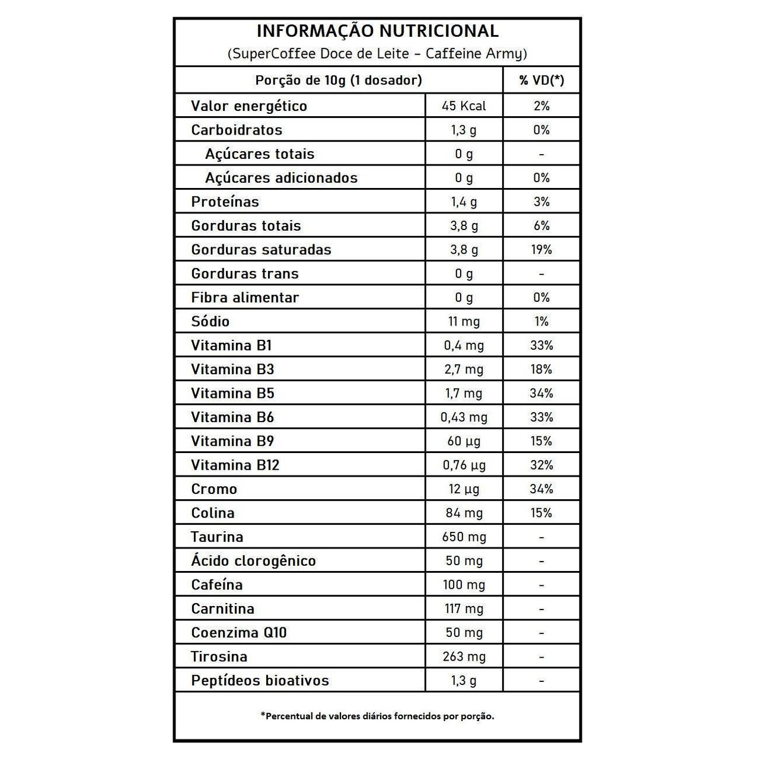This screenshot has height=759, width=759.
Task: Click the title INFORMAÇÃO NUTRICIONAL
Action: (377, 31)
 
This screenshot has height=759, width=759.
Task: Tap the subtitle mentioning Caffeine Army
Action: (377, 54)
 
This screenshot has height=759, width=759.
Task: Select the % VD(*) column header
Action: (541, 80)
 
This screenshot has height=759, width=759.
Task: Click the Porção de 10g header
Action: (339, 80)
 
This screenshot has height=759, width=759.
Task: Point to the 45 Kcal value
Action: (464, 106)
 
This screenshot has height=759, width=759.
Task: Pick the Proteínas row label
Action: (225, 202)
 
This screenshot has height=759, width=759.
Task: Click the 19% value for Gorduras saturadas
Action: (541, 250)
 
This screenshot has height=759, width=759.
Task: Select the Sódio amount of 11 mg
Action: (464, 321)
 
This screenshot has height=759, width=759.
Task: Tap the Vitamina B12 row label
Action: (235, 465)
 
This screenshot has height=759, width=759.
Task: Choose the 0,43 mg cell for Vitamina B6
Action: (464, 417)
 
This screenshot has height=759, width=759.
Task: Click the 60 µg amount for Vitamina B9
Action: (464, 441)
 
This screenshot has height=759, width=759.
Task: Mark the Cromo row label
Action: (214, 489)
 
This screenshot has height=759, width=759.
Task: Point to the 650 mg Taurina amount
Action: (464, 537)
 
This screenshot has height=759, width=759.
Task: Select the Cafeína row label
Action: (217, 585)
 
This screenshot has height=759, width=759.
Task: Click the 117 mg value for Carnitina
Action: (464, 609)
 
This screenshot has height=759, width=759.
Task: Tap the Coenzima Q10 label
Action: (239, 633)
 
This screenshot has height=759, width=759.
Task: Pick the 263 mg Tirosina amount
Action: (464, 656)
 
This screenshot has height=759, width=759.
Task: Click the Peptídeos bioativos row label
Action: (260, 681)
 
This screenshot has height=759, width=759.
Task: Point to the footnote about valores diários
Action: (377, 716)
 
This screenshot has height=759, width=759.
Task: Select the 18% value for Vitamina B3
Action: (541, 369)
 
